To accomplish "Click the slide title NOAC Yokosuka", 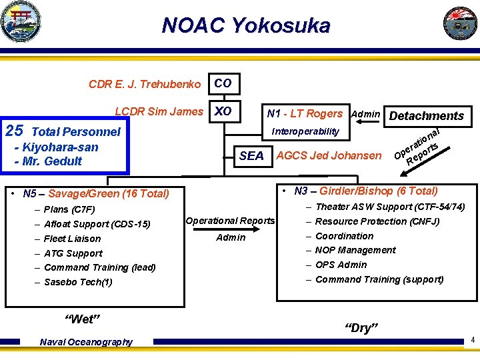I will click(246, 26).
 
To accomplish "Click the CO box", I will click(223, 84).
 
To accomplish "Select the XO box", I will click(223, 112).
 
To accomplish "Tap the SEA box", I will click(251, 156).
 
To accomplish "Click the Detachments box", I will click(426, 116).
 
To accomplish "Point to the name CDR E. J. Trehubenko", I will click(145, 85).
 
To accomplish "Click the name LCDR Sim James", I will click(159, 112).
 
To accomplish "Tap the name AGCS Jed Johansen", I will click(329, 156).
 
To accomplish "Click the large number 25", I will click(14, 131).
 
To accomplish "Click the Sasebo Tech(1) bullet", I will click(78, 282).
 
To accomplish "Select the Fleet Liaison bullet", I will click(72, 239).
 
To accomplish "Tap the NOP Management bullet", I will click(355, 251).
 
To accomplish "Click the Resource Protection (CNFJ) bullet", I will click(377, 221).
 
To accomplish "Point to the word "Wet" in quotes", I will click(81, 319).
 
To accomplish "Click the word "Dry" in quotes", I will click(361, 327).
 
